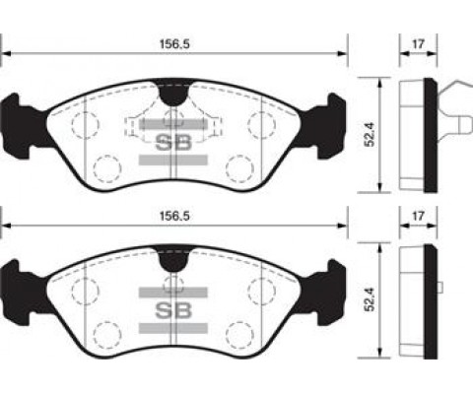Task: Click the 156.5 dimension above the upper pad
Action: [x=174, y=44]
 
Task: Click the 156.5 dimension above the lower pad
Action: [x=174, y=216]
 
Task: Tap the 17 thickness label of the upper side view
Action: [x=418, y=44]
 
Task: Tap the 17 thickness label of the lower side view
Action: [x=418, y=216]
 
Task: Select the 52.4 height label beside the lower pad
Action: [x=371, y=299]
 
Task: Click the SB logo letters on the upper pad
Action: [x=173, y=143]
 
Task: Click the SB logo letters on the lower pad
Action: [x=173, y=310]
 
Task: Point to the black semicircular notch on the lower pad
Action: [x=173, y=260]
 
